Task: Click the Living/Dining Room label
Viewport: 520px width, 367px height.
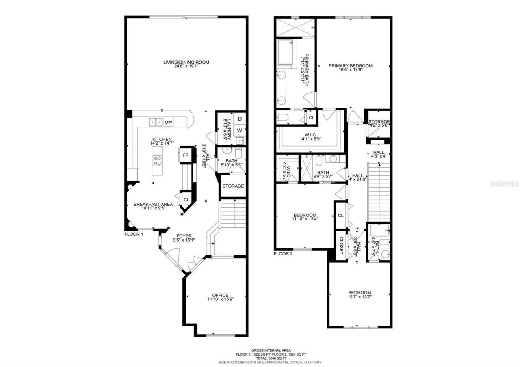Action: tap(186, 62)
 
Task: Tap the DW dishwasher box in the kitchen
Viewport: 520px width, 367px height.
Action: tap(169, 122)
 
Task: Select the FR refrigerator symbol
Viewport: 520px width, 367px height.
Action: tap(185, 155)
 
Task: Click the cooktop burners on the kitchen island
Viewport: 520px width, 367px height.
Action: tap(157, 161)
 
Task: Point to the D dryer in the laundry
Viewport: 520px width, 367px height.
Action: tap(240, 119)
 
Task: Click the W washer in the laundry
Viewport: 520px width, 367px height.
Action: tap(240, 130)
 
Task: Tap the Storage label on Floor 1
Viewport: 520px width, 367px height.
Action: tap(233, 186)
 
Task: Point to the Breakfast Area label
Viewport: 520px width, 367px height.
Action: tap(153, 204)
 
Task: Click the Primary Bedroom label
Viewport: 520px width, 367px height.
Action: tap(350, 66)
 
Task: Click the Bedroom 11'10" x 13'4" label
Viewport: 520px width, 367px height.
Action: tap(305, 215)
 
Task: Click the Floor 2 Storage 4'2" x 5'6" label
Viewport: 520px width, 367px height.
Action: tap(379, 122)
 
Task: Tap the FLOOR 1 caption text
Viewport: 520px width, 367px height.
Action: tap(134, 234)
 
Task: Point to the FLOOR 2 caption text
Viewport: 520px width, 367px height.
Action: tap(283, 253)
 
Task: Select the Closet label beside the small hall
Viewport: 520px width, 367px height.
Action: tap(341, 245)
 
